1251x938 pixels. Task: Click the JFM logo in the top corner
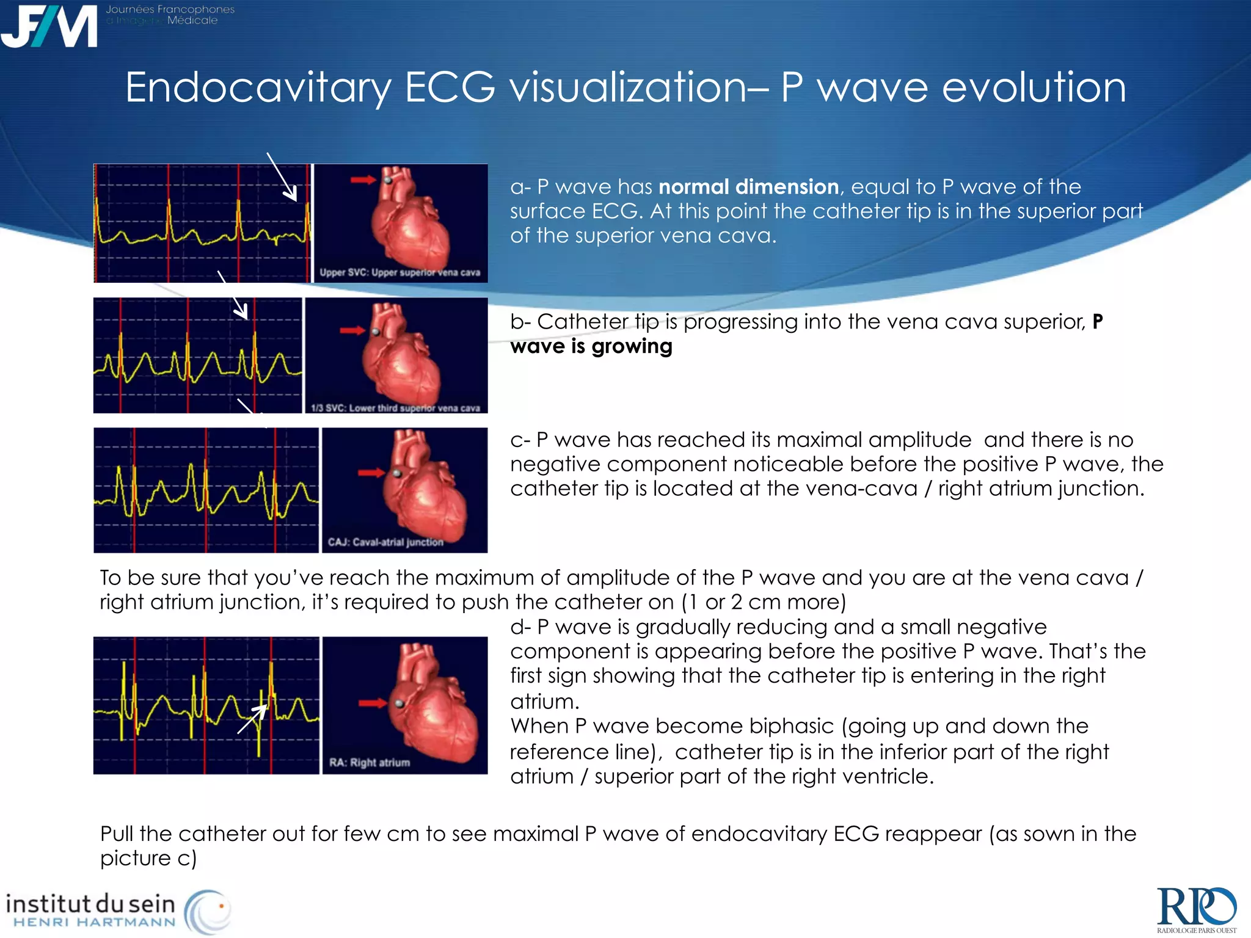click(49, 26)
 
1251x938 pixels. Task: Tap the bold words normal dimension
click(748, 186)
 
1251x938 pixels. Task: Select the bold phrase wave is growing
click(591, 346)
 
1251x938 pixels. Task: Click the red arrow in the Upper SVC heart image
click(363, 180)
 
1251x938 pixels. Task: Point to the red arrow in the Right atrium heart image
click(373, 703)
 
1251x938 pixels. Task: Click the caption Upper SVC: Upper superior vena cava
click(400, 272)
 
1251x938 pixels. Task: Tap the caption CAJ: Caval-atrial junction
click(385, 542)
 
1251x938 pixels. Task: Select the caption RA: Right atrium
click(370, 762)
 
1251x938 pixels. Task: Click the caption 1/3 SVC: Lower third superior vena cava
click(396, 408)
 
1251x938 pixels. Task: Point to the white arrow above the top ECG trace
click(282, 176)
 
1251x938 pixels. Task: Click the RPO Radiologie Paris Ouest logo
click(1196, 909)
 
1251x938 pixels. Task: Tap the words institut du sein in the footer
click(90, 903)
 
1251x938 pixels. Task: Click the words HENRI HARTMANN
click(95, 922)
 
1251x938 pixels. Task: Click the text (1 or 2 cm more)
click(764, 602)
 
